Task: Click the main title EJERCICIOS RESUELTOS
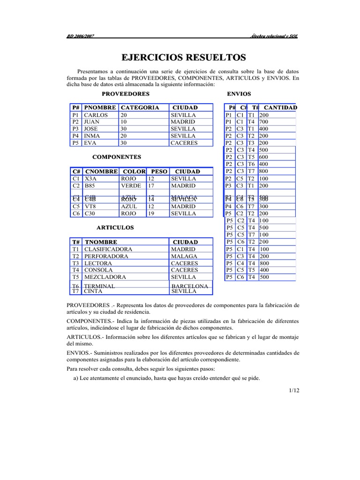(184, 58)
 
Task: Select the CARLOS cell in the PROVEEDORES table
(96, 115)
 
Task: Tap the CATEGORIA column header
(140, 108)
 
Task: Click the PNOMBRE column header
(100, 108)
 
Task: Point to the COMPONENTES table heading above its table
(117, 157)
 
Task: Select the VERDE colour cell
(131, 186)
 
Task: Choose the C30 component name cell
(90, 213)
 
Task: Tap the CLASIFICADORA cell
(108, 249)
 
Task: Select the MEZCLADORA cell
(105, 277)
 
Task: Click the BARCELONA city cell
(189, 285)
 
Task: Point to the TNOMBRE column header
(101, 242)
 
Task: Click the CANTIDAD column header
(280, 108)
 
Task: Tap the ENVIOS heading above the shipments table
(239, 94)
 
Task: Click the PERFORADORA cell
(105, 256)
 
